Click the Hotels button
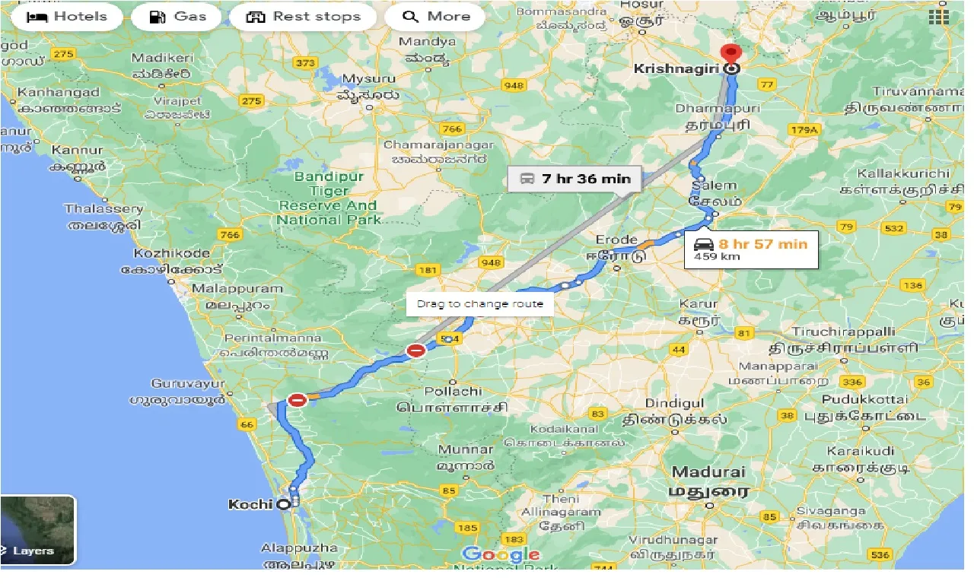[x=66, y=17]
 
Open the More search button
[x=436, y=17]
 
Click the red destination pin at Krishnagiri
[x=731, y=55]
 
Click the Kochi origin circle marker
[x=283, y=503]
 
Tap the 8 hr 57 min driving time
[x=762, y=244]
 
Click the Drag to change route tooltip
[x=479, y=303]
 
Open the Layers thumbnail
[x=37, y=530]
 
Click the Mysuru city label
[x=369, y=79]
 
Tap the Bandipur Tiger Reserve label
[x=328, y=198]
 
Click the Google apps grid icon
[x=937, y=17]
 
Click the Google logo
[x=501, y=555]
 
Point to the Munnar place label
[x=465, y=449]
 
